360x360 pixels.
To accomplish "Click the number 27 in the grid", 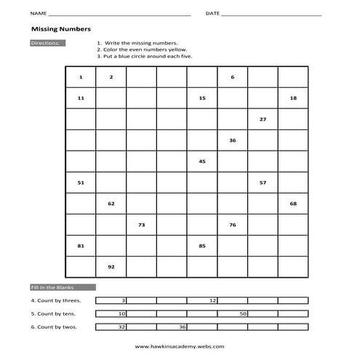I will [x=263, y=119].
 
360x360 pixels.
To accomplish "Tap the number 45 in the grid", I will [x=202, y=161].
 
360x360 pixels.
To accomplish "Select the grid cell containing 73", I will [x=141, y=225].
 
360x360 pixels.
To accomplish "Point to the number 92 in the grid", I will [x=111, y=267].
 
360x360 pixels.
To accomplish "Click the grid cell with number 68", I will [x=293, y=204].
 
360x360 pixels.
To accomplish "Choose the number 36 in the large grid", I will [x=232, y=140].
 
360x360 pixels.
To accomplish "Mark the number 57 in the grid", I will [x=263, y=183].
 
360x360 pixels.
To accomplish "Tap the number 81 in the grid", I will [x=80, y=246].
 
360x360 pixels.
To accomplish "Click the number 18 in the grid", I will [x=293, y=97].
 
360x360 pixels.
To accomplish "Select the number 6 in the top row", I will [x=232, y=77].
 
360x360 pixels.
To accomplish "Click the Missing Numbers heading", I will [x=60, y=30].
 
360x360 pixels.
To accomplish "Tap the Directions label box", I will [x=47, y=44].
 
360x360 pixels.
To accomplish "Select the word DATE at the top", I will [x=212, y=14].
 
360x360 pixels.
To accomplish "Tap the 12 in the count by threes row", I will [x=212, y=300].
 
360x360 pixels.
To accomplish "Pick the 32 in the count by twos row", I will [x=122, y=327].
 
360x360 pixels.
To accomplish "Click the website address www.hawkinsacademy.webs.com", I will [x=180, y=347].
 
